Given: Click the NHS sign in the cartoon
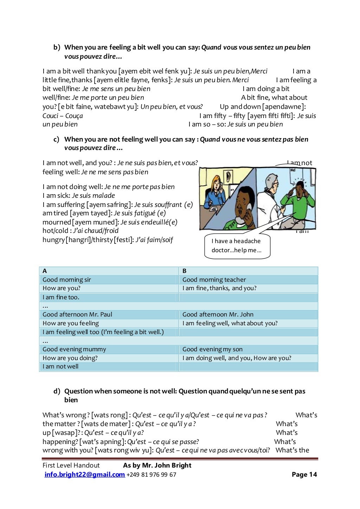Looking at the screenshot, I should tap(293, 170).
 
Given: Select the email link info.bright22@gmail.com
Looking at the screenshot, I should tap(84, 475).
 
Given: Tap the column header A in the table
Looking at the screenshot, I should tap(45, 271).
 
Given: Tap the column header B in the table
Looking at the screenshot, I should tap(185, 271).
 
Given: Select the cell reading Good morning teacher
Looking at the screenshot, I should tap(214, 280).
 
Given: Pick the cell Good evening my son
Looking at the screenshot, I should tap(212, 349).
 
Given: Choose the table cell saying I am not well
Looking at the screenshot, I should tap(60, 366).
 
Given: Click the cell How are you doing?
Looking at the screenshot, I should tap(70, 358).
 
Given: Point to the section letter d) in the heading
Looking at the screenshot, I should tap(57, 391).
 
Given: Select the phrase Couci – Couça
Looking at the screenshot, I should tap(63, 116).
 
